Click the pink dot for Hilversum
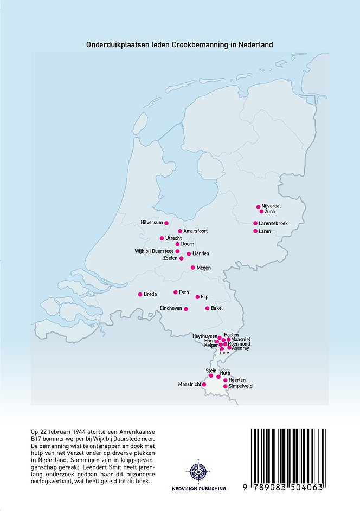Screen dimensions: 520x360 click(x=166, y=223)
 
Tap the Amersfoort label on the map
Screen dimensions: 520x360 click(x=196, y=231)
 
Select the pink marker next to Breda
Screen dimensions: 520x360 click(x=139, y=294)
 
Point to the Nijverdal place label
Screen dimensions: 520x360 click(x=272, y=206)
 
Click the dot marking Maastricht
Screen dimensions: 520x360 click(x=204, y=384)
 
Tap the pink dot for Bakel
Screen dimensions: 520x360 click(x=207, y=308)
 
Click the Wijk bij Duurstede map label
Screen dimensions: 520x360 click(x=154, y=251)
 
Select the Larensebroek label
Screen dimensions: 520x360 click(x=273, y=223)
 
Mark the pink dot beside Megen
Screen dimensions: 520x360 click(x=192, y=268)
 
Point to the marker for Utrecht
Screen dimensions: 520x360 click(x=162, y=238)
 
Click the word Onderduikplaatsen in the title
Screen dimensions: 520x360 click(x=114, y=44)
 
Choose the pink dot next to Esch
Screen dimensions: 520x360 click(x=175, y=292)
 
